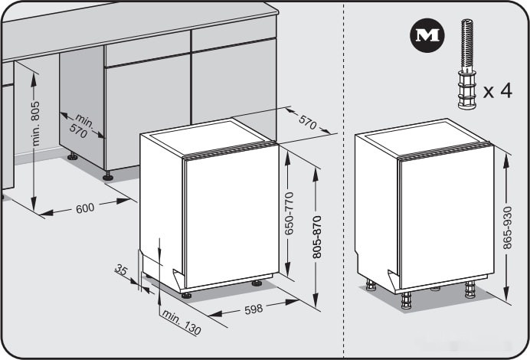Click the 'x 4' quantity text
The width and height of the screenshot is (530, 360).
point(497,90)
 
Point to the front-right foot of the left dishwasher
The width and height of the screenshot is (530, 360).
point(257,283)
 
